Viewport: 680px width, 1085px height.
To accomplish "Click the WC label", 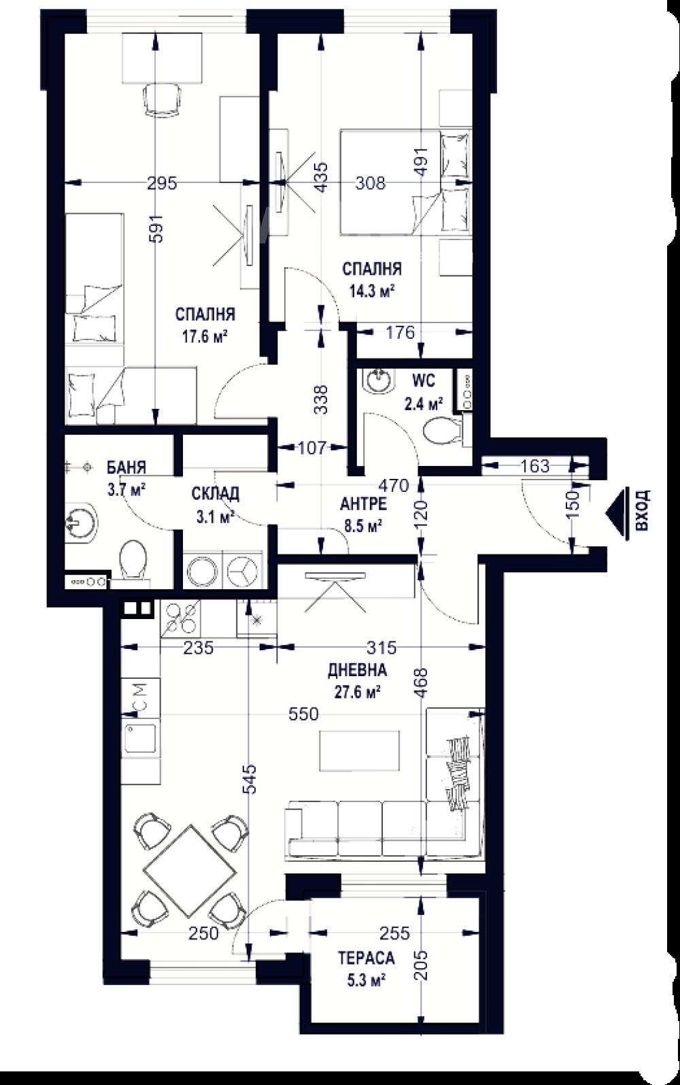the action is point(424,381).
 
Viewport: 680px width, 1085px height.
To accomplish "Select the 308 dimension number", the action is point(371,183).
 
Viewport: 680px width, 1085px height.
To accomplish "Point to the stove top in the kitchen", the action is point(180,618).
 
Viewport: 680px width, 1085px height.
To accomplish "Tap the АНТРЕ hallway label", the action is point(363,504).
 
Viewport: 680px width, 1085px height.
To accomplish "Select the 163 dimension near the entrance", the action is point(535,466).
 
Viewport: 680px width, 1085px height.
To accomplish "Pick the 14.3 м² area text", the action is point(371,291).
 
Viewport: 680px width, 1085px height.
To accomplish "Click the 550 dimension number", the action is point(304,714).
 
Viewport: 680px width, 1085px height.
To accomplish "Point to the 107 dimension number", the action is point(312,448).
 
